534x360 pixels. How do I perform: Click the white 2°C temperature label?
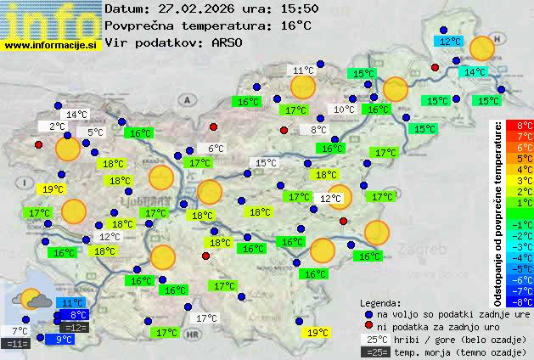tap(56, 126)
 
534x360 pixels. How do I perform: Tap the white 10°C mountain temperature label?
tap(343, 110)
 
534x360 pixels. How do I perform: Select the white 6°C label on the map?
tap(216, 148)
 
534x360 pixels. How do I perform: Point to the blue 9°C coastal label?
tap(64, 340)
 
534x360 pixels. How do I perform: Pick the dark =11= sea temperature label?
tap(18, 343)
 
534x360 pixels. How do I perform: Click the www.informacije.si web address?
tap(50, 46)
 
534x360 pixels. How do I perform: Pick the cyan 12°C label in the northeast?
tap(449, 41)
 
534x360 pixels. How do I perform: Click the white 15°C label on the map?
tap(266, 163)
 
